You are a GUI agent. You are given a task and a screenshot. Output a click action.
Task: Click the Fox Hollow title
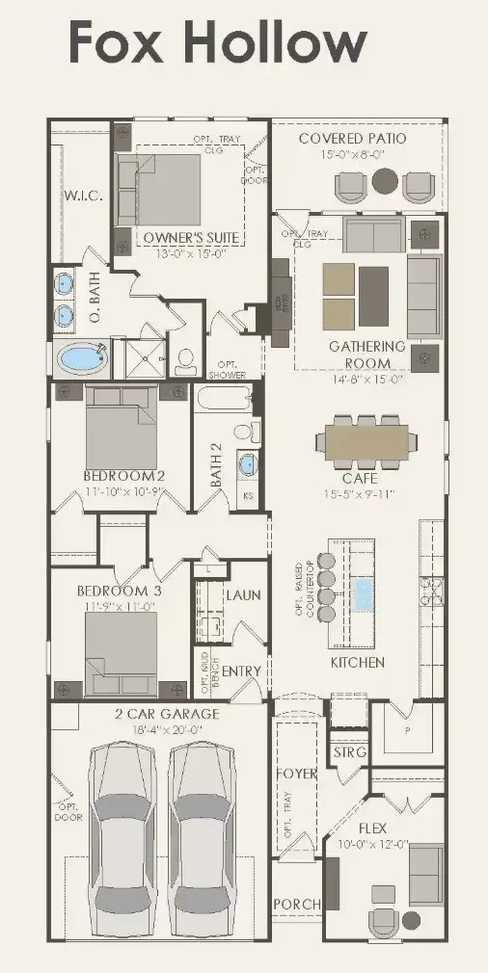pyautogui.click(x=217, y=43)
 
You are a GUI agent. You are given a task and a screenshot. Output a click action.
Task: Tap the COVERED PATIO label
pyautogui.click(x=352, y=139)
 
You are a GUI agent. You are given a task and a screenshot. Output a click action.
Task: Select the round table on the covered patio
pyautogui.click(x=385, y=180)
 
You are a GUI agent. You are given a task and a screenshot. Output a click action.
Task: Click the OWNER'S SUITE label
pyautogui.click(x=191, y=237)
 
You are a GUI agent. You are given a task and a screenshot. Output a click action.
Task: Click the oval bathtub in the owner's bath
pyautogui.click(x=84, y=359)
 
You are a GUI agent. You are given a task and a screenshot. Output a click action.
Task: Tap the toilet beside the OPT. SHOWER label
pyautogui.click(x=185, y=361)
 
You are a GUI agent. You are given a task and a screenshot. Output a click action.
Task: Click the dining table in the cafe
pyautogui.click(x=366, y=442)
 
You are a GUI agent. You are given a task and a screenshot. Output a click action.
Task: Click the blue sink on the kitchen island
pyautogui.click(x=366, y=593)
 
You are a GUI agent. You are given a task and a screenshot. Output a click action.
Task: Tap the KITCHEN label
pyautogui.click(x=357, y=663)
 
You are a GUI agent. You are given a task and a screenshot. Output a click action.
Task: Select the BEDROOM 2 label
pyautogui.click(x=123, y=476)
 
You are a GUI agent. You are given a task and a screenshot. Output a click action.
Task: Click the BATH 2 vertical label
pyautogui.click(x=217, y=458)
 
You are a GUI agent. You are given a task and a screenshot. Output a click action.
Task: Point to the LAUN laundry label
pyautogui.click(x=242, y=595)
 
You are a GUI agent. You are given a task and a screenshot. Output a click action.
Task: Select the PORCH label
pyautogui.click(x=297, y=904)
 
